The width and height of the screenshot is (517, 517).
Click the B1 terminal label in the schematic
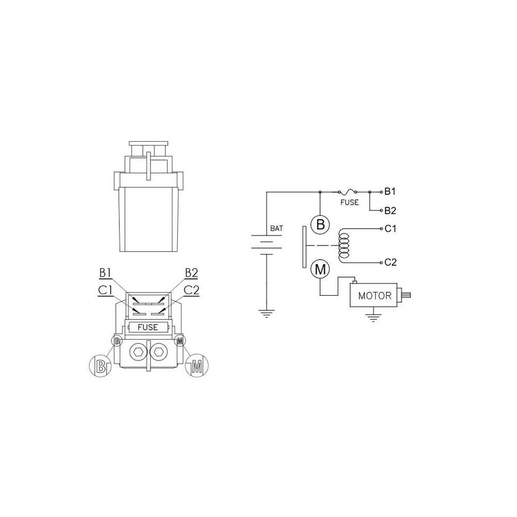390,191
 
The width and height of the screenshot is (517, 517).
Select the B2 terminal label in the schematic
390,210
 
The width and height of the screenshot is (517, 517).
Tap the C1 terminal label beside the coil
390,229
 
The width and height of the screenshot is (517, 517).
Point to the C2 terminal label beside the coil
390,262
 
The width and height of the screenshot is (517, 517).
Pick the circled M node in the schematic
320,269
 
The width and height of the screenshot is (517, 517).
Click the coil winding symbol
344,246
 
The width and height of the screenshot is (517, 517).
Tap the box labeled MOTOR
374,295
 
